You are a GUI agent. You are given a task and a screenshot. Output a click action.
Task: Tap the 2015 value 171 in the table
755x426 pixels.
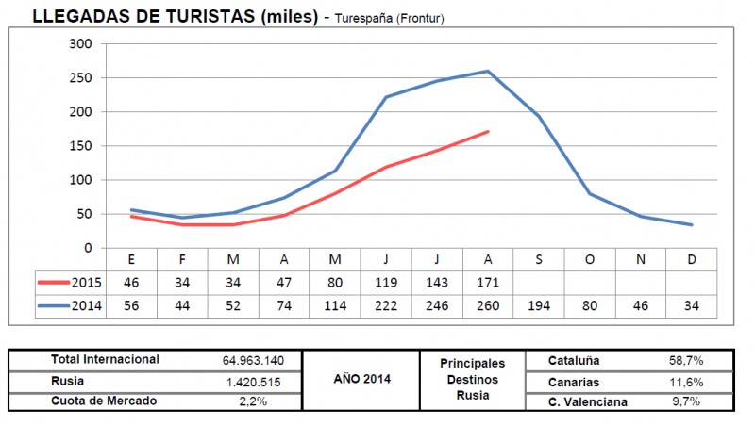[487, 282]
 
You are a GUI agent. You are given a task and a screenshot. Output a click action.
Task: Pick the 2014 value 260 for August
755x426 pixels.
[487, 305]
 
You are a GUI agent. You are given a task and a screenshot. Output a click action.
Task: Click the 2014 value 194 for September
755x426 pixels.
[538, 305]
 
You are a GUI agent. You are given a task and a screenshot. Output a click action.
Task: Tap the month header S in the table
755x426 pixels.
[538, 258]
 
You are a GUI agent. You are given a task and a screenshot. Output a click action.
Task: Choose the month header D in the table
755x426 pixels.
[691, 258]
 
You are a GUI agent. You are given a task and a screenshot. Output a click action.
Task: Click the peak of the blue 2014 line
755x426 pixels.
[487, 71]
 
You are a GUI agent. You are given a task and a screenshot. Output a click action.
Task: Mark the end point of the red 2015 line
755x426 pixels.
[487, 131]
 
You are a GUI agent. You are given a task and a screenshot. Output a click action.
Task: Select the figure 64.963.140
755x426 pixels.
[254, 360]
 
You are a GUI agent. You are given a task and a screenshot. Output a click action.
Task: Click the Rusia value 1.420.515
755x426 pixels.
[254, 382]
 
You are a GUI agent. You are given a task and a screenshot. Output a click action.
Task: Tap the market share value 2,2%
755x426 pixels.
[254, 401]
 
